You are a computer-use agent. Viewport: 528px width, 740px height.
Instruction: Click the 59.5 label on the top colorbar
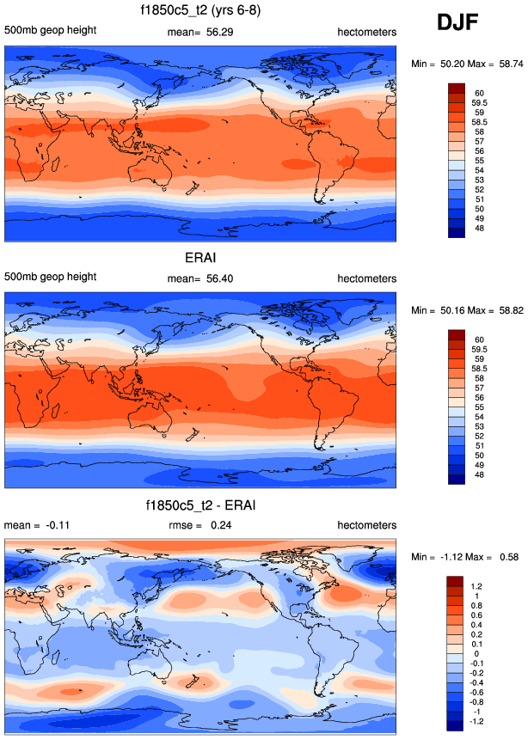click(x=478, y=101)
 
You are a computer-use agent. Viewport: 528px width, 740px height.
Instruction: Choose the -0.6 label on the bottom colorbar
click(x=476, y=690)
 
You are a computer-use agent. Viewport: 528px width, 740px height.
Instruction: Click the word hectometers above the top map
click(x=366, y=32)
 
